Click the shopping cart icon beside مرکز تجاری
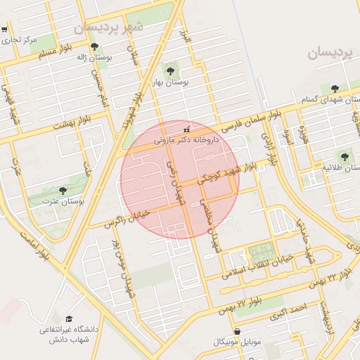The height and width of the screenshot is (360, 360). (x=4, y=30)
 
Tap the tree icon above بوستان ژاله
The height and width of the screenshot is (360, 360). (x=94, y=47)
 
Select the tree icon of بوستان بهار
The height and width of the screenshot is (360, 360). (x=169, y=70)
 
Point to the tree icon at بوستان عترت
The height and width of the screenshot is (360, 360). (x=63, y=191)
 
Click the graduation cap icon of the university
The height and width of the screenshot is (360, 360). (x=68, y=319)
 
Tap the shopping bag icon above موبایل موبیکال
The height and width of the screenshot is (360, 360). (x=237, y=331)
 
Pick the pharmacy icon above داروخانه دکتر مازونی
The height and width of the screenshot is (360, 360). (x=186, y=129)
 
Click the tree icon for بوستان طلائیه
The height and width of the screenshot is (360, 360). (x=344, y=157)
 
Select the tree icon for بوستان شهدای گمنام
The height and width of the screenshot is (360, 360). (x=334, y=89)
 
